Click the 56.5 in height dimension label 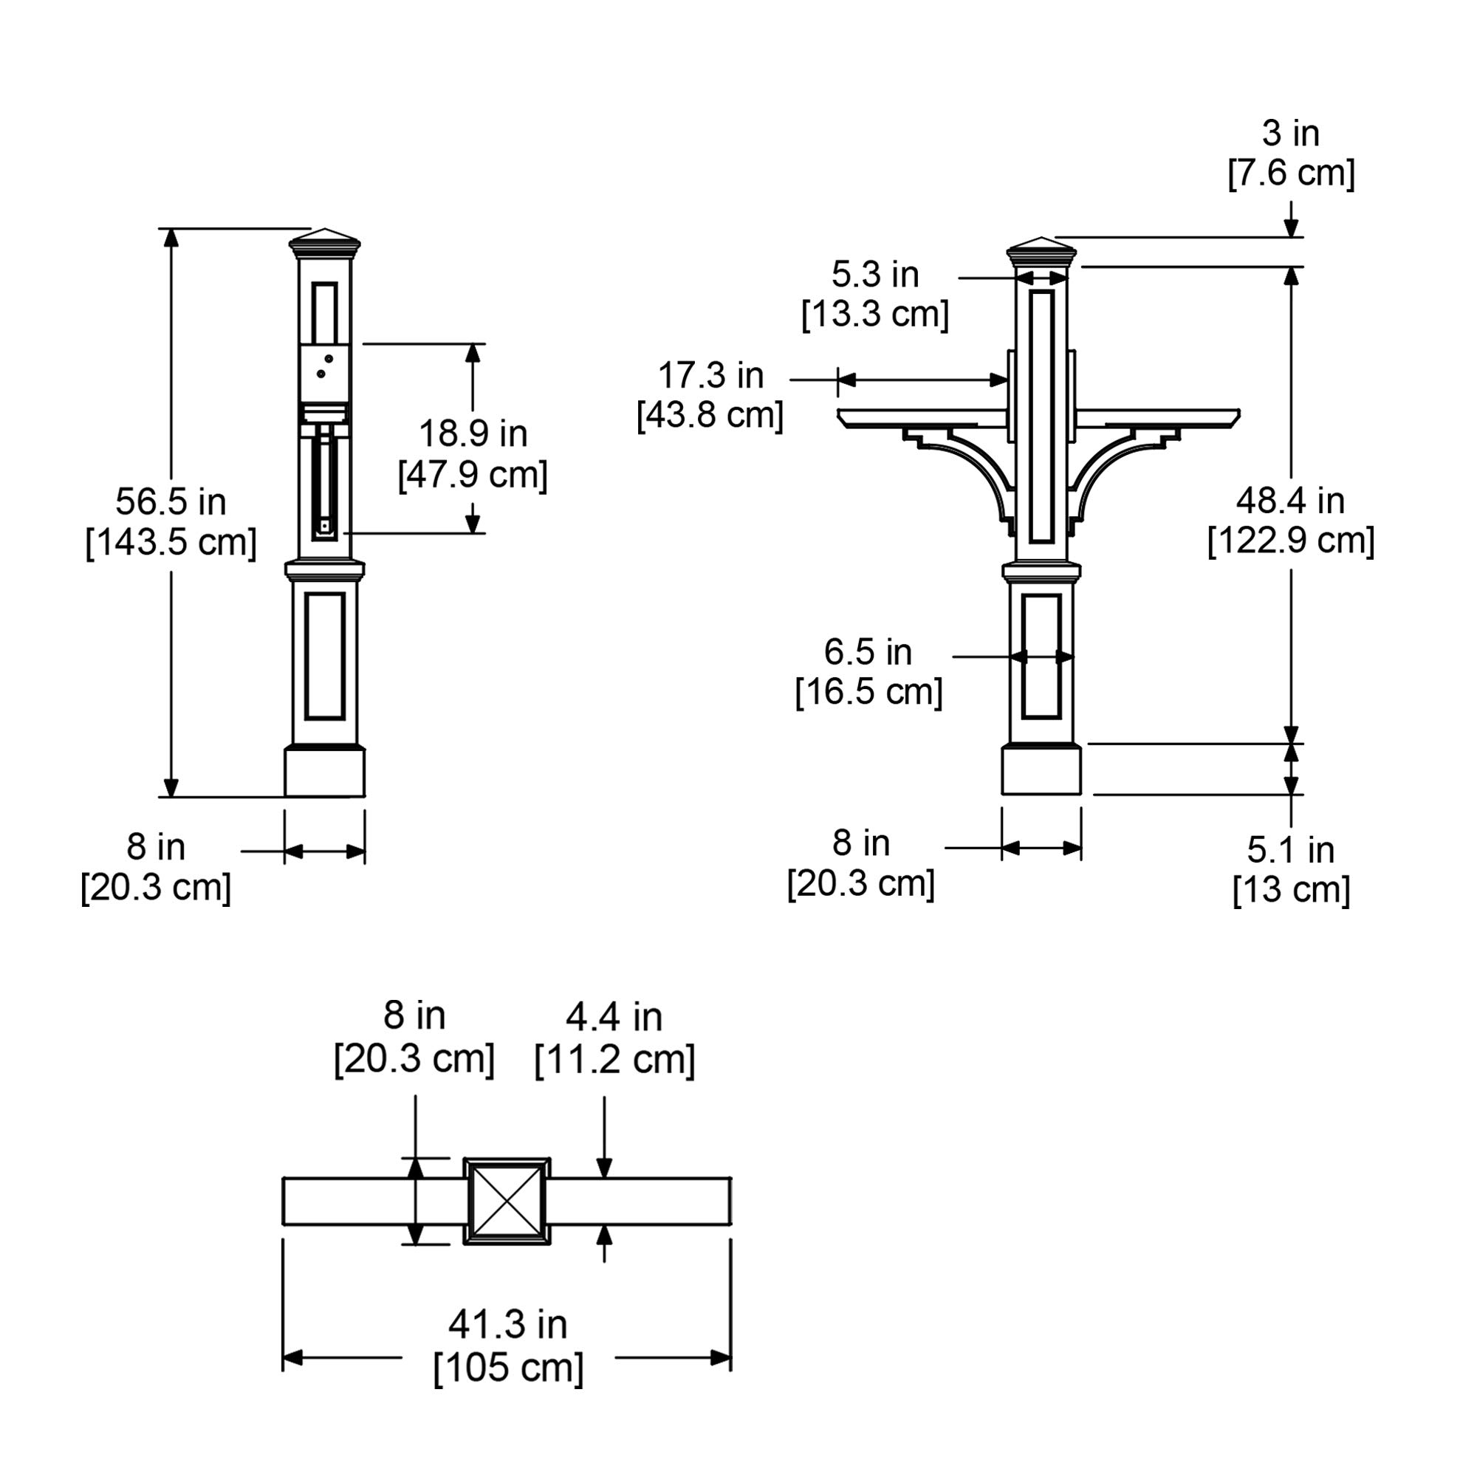171,501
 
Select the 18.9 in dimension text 473,433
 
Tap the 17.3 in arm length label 710,375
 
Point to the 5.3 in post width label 874,275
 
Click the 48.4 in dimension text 1290,501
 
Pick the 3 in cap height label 1290,133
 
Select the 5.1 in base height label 1290,850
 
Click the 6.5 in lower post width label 868,652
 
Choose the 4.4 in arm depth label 614,1018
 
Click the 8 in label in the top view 414,1016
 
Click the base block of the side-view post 324,772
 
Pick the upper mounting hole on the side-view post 329,357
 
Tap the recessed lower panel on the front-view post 1041,657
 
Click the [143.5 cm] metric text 171,543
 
